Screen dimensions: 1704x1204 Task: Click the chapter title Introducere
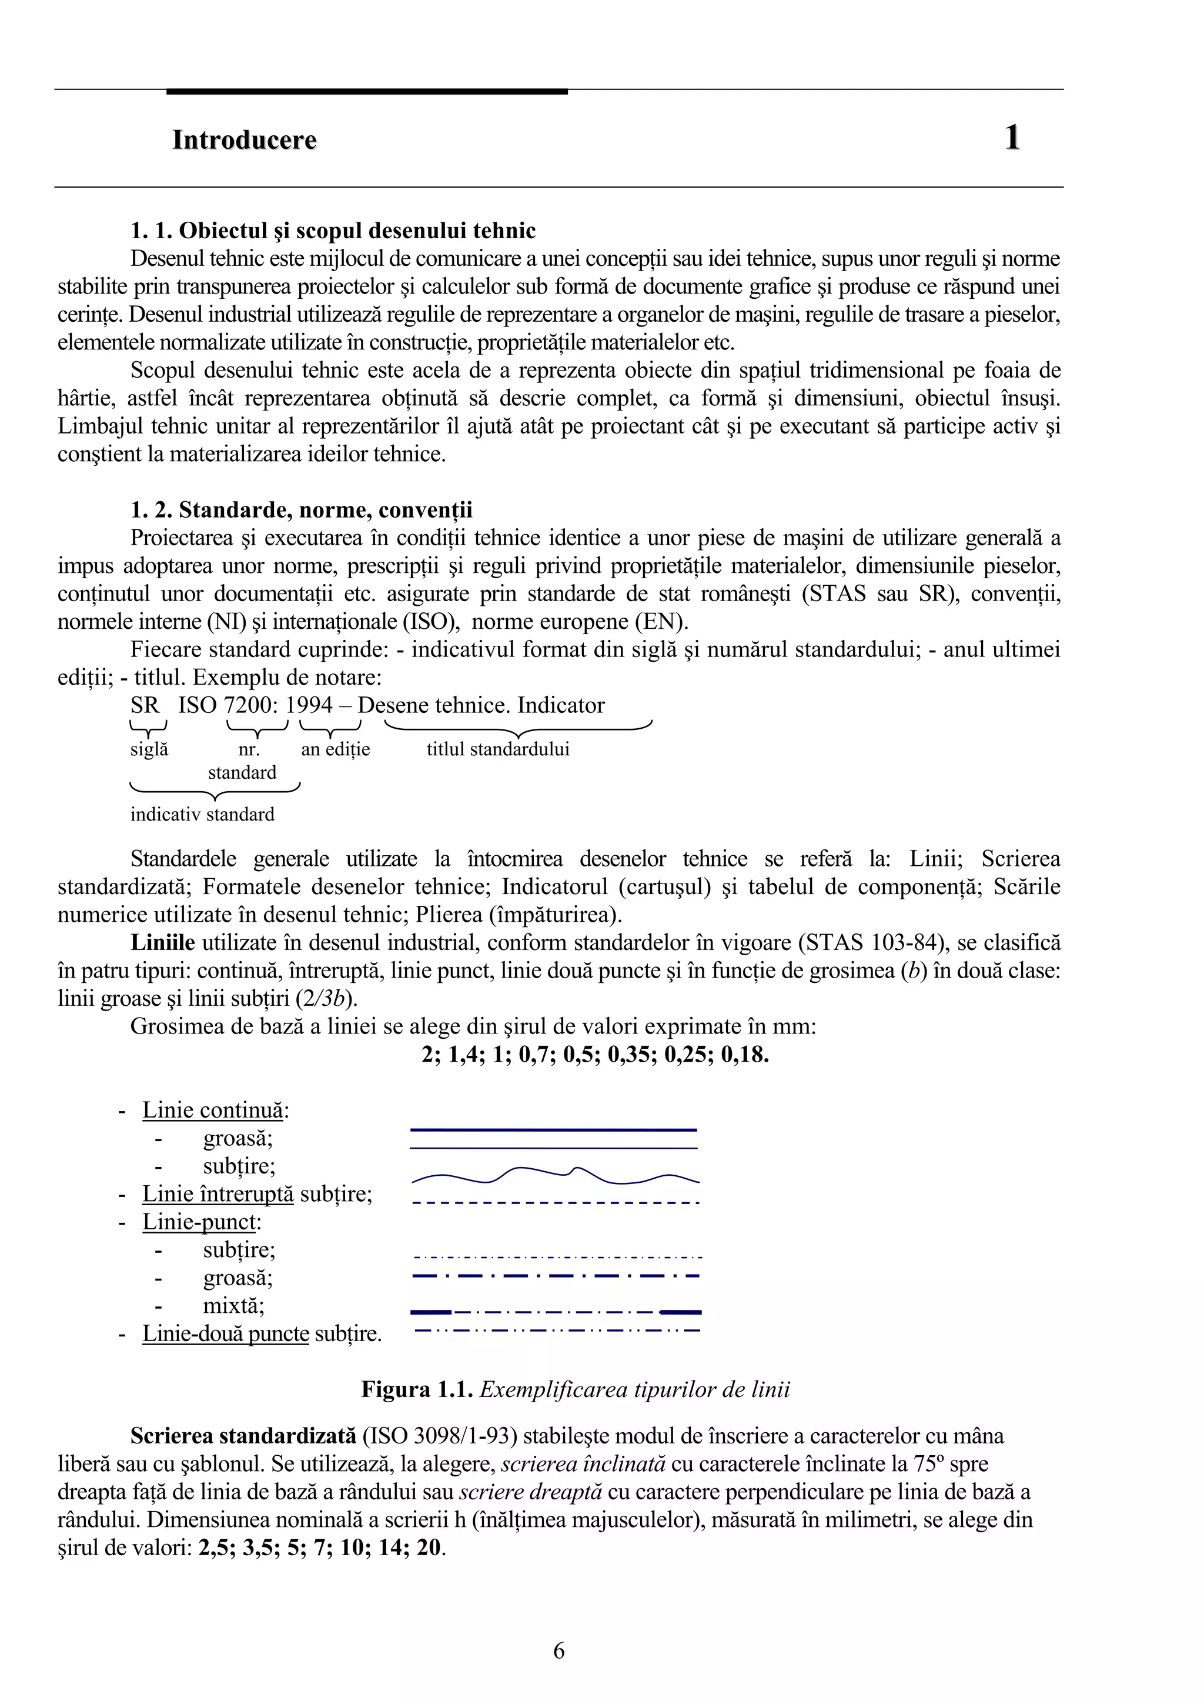click(244, 139)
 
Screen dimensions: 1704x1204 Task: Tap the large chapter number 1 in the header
click(1012, 138)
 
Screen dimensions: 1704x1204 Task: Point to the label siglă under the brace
click(149, 749)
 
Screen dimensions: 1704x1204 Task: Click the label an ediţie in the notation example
click(335, 749)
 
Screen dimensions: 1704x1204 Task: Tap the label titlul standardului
click(498, 749)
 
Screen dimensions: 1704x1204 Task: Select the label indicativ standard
click(202, 814)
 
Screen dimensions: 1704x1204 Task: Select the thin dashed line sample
click(555, 1202)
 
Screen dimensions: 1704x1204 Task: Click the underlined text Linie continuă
click(212, 1111)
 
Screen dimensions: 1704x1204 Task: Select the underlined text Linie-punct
click(199, 1222)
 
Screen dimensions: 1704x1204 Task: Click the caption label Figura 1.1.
click(417, 1390)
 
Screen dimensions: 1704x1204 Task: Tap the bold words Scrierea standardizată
click(243, 1436)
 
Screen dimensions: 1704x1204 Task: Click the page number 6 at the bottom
click(558, 1651)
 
